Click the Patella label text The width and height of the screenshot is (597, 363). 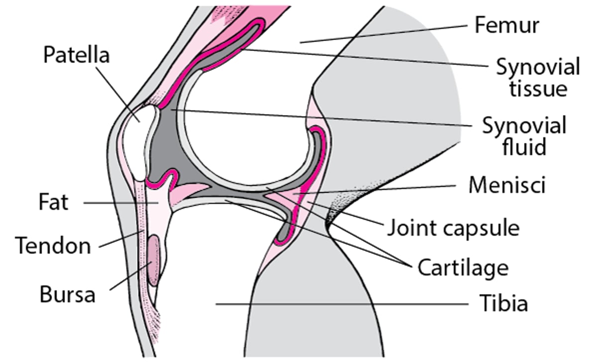76,55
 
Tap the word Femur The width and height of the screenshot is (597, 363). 506,25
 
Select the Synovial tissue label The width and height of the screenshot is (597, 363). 538,78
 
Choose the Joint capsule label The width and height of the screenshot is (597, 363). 453,228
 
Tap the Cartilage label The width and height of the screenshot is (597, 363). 463,268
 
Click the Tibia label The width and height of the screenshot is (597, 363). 503,303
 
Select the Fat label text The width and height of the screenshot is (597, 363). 53,203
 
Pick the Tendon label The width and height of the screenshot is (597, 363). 53,245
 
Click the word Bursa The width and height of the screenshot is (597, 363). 67,294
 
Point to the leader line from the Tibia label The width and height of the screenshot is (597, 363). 338,303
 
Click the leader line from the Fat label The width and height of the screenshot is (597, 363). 119,203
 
